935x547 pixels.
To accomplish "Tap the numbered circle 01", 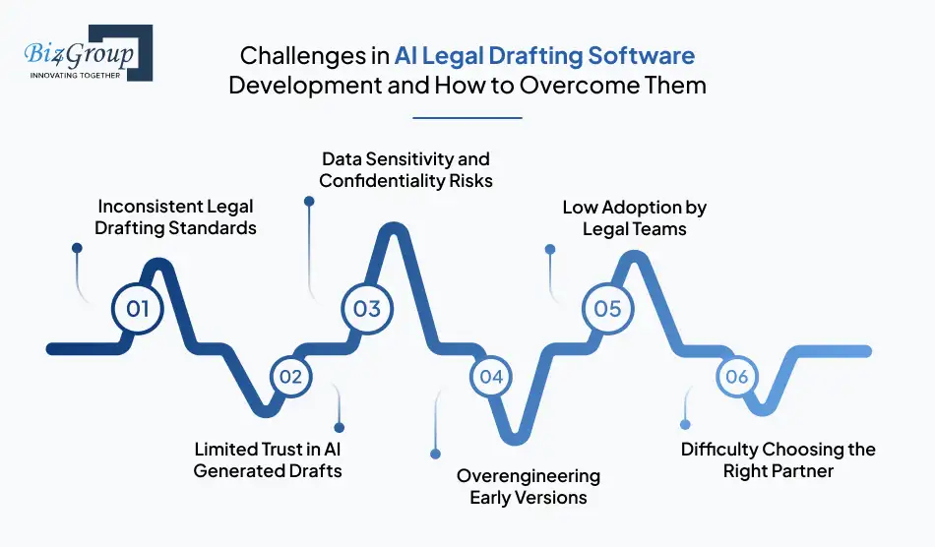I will [x=137, y=308].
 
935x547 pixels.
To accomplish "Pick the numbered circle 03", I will [x=366, y=308].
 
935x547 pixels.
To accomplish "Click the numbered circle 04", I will [x=491, y=376].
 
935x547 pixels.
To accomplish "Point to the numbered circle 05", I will [x=607, y=308].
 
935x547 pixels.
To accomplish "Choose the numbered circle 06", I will [x=736, y=376].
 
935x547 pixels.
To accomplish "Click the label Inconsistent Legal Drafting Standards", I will [x=176, y=217].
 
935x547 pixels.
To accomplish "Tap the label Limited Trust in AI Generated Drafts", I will [x=268, y=459].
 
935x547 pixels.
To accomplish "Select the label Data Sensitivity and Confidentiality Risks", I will [x=405, y=169].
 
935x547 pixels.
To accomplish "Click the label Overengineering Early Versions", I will [x=528, y=486].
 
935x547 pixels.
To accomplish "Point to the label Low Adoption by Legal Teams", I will [x=634, y=217].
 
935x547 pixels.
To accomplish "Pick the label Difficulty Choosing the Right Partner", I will [x=778, y=459].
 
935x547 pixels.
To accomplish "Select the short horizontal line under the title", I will [x=467, y=118].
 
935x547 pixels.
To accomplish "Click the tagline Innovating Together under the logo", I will [x=75, y=75].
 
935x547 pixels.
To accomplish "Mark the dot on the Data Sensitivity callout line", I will [x=309, y=200].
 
